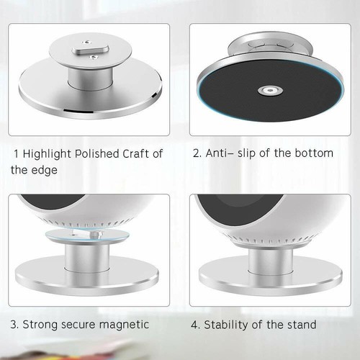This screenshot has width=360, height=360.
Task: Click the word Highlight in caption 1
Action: coord(52,154)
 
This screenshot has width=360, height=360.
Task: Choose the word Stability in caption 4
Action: coord(227,325)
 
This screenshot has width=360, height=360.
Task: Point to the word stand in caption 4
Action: coord(302,325)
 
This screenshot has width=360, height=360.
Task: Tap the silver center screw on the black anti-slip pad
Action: coord(266,90)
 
